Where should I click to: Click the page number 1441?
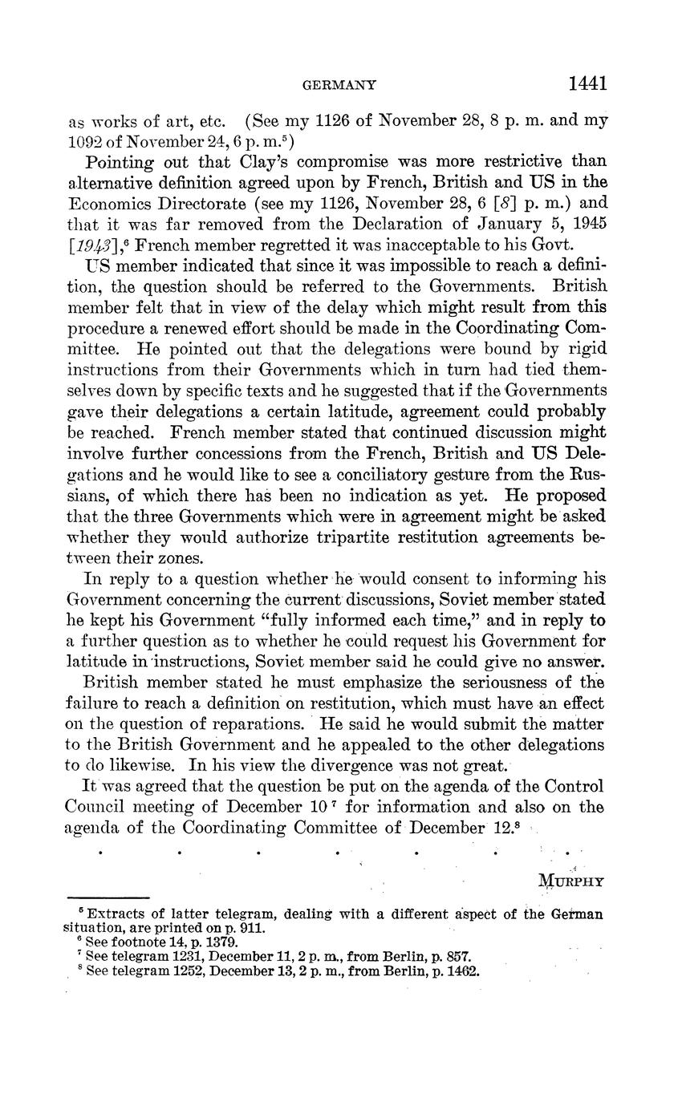click(x=587, y=83)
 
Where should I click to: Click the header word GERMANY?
click(x=339, y=84)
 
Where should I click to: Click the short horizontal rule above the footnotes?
click(x=108, y=897)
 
